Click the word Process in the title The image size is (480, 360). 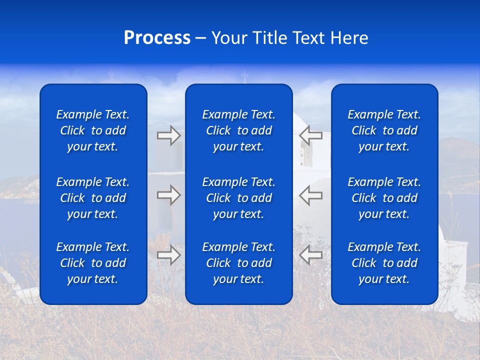pos(157,38)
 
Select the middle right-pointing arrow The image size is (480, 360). pos(168,195)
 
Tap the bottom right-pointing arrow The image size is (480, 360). pos(168,255)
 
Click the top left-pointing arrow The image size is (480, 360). pos(310,135)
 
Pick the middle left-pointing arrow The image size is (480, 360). pos(310,195)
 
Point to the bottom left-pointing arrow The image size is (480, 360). pos(310,255)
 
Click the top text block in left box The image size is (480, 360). pos(93,130)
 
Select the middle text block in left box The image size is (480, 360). pos(93,198)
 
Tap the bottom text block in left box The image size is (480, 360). pos(93,263)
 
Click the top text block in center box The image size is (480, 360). pos(238,130)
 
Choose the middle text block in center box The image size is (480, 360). pos(238,198)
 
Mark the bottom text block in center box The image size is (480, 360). pos(238,263)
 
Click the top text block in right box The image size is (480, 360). pos(384,130)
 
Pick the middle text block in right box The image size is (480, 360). pos(384,198)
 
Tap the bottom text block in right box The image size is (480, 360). pos(384,263)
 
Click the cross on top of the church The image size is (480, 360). pos(244,77)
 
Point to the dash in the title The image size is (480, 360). pos(200,38)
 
